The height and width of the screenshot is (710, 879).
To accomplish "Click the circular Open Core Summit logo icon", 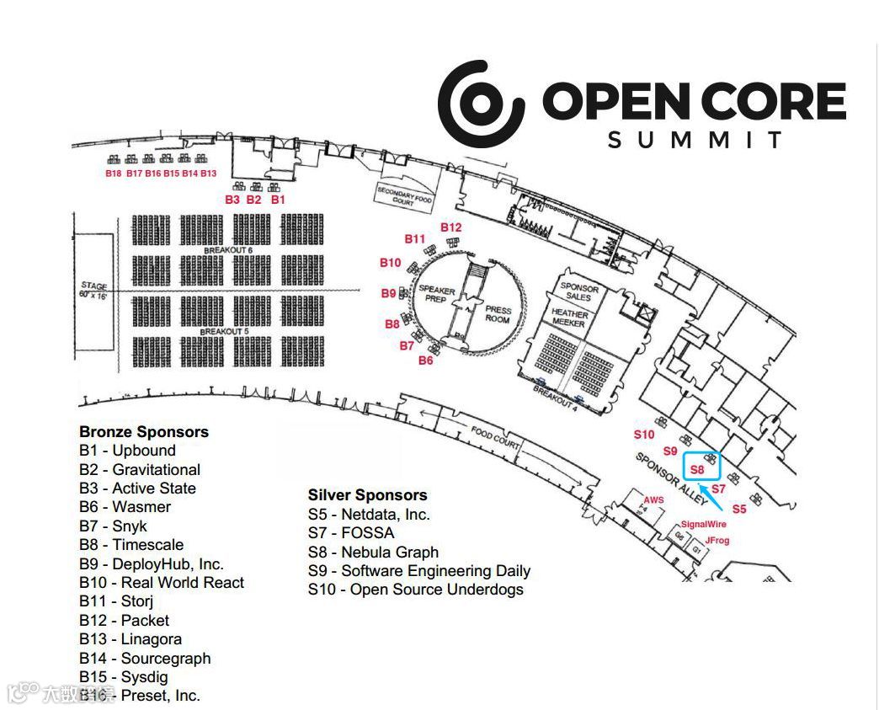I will pyautogui.click(x=481, y=103).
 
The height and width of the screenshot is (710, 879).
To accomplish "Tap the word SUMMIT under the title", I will pyautogui.click(x=695, y=139).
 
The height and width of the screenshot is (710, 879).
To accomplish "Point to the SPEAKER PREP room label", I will pyautogui.click(x=437, y=295).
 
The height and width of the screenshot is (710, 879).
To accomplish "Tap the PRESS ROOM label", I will pyautogui.click(x=498, y=314).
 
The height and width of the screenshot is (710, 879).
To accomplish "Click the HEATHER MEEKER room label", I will pyautogui.click(x=570, y=318).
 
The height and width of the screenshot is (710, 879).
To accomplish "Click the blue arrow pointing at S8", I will pyautogui.click(x=711, y=497).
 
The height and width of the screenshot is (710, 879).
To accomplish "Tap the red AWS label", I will pyautogui.click(x=653, y=500).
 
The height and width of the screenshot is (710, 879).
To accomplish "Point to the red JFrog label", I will pyautogui.click(x=717, y=541).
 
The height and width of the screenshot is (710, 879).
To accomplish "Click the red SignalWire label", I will pyautogui.click(x=703, y=524).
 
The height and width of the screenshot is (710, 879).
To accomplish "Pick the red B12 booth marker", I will pyautogui.click(x=451, y=227).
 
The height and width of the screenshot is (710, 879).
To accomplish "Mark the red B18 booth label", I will pyautogui.click(x=114, y=173).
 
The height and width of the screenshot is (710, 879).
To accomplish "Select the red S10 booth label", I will pyautogui.click(x=644, y=435).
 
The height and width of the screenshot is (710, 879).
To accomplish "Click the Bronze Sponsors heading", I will pyautogui.click(x=144, y=432).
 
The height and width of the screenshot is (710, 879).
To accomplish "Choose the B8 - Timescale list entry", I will pyautogui.click(x=131, y=545).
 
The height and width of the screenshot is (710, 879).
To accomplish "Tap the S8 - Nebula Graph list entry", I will pyautogui.click(x=373, y=553).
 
